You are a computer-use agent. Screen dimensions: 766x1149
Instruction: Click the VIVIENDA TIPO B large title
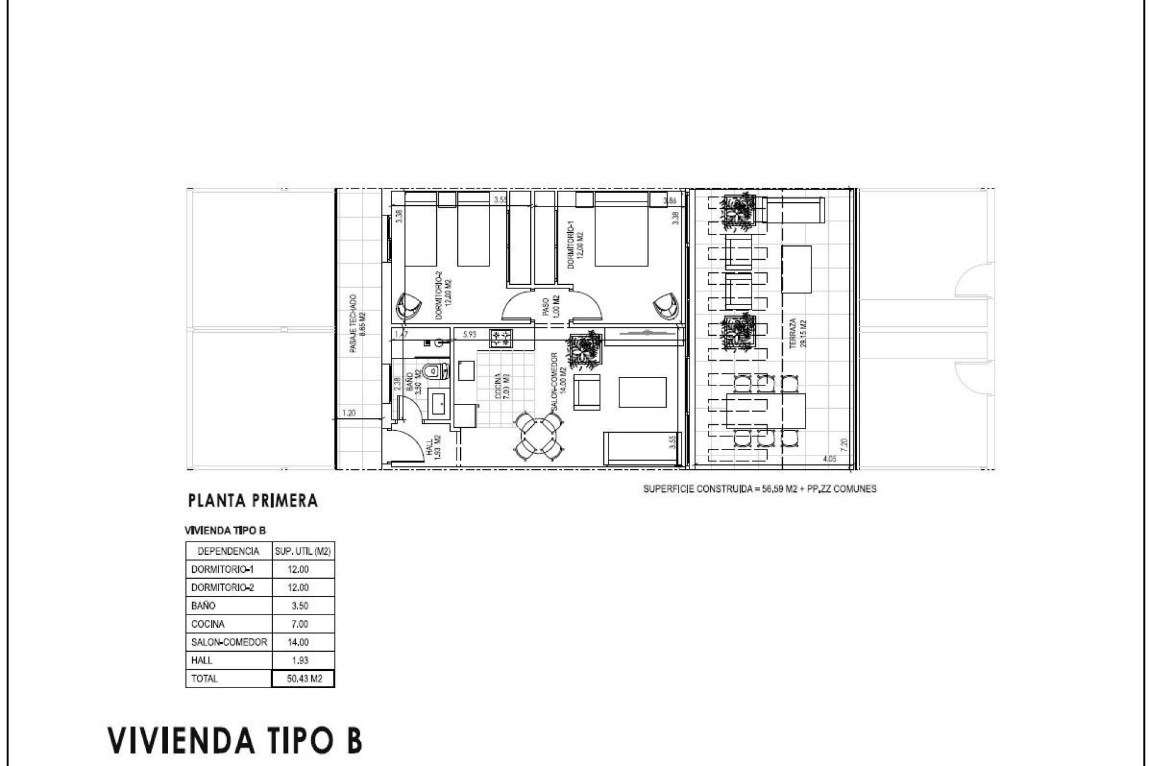(235, 740)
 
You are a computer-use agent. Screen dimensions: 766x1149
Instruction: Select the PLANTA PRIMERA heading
(253, 501)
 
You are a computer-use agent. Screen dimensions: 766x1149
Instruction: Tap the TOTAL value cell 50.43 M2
(303, 679)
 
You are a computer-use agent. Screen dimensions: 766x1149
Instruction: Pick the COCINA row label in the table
(208, 624)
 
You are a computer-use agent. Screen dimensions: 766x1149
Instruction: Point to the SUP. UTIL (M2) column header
(303, 551)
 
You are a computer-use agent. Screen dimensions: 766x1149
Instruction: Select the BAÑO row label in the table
(203, 606)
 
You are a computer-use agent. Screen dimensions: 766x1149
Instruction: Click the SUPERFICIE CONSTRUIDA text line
(759, 489)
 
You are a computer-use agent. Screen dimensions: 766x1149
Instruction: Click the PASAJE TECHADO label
(354, 323)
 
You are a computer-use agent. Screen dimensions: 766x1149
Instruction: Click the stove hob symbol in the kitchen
(501, 339)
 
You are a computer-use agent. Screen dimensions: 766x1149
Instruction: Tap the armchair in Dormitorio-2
(408, 306)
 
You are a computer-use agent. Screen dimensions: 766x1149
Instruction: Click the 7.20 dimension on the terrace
(844, 444)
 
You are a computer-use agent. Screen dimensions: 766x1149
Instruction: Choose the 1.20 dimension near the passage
(349, 412)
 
